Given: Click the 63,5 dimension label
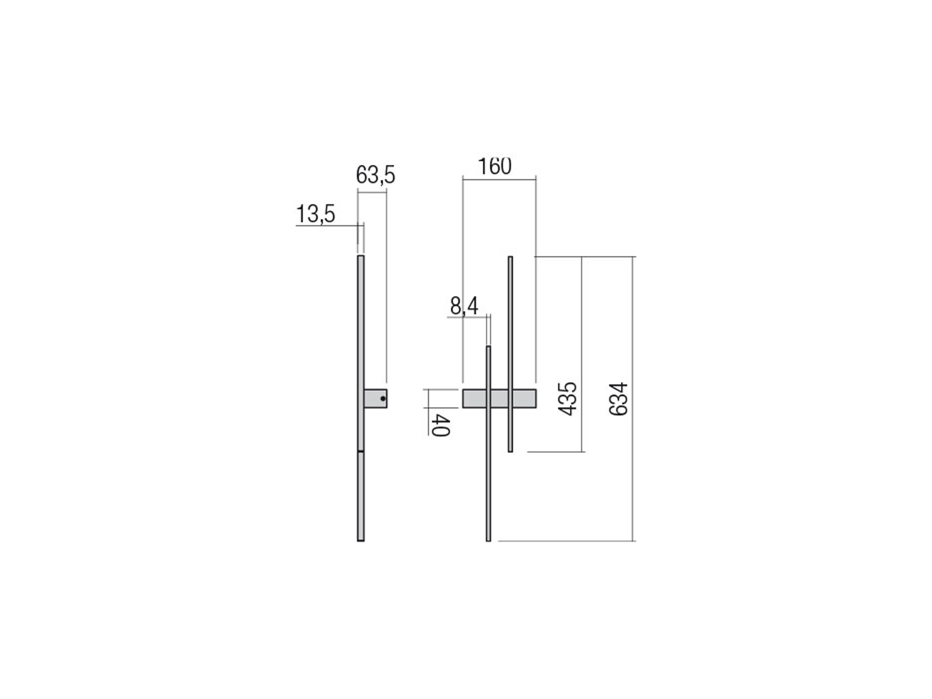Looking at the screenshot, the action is point(375,175).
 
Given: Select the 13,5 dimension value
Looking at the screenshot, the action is point(316,214).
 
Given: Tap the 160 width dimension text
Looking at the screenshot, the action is point(494,167).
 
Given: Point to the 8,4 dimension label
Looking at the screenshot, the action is point(464,306).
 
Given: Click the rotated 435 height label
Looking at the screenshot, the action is point(568,398).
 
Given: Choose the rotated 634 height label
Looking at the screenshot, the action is point(618,398).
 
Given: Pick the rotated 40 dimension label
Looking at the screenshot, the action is point(440,425).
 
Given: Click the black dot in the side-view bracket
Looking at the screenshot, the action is point(383,398).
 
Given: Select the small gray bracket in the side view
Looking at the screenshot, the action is point(375,398).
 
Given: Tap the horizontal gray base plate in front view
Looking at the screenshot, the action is point(499,398).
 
